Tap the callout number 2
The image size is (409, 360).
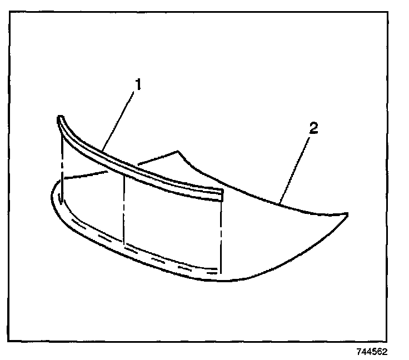pyautogui.click(x=314, y=129)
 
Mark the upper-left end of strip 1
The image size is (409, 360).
pyautogui.click(x=59, y=118)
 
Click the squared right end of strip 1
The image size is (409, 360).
pyautogui.click(x=221, y=194)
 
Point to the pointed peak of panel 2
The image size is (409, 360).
pyautogui.click(x=177, y=151)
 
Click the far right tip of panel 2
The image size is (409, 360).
pyautogui.click(x=347, y=213)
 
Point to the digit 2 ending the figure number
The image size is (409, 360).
pyautogui.click(x=385, y=352)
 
